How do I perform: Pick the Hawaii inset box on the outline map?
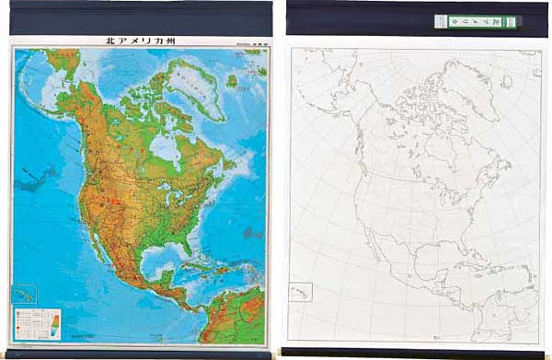pos(303,292)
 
